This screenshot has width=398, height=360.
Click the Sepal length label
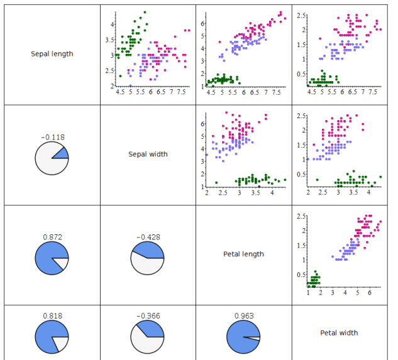[52, 54]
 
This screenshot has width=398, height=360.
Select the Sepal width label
[148, 154]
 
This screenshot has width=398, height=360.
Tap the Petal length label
[243, 254]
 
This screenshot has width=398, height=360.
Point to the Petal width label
[339, 332]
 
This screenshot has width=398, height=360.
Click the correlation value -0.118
[52, 136]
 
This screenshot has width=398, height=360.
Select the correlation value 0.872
[52, 237]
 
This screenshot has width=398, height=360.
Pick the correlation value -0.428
[148, 237]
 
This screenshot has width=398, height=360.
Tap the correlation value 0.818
[52, 315]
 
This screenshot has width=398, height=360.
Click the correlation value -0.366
[148, 315]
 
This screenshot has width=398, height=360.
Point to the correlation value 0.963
[243, 315]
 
